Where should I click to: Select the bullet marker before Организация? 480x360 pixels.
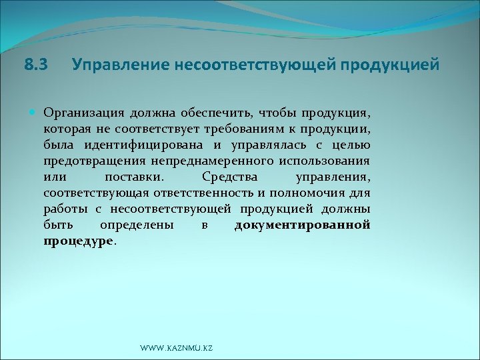(35, 111)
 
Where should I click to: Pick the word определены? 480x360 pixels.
(136, 225)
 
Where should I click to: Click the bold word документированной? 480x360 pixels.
(302, 225)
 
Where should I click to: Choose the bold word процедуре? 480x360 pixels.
(79, 241)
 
